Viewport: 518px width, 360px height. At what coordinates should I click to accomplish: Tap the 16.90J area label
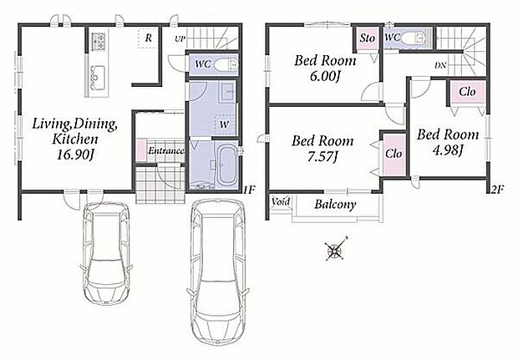click(75, 154)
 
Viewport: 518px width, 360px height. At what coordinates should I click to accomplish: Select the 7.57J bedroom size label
click(322, 156)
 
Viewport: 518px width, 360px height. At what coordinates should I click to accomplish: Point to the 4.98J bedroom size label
click(448, 150)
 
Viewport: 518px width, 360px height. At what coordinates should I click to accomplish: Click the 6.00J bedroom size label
click(325, 76)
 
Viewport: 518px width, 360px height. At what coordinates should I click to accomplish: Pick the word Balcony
click(335, 204)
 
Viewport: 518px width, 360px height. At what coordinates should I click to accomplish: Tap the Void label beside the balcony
click(281, 201)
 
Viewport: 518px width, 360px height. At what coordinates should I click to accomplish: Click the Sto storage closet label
click(368, 38)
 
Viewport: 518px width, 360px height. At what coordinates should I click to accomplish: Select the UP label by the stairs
click(180, 39)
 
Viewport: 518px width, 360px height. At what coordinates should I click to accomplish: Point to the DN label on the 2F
click(440, 65)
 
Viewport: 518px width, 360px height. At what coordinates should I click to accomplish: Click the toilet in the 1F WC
click(226, 65)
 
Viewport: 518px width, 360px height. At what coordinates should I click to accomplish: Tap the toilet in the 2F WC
click(414, 37)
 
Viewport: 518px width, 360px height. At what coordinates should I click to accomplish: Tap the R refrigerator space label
click(149, 38)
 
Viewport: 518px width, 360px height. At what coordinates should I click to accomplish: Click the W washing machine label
click(224, 124)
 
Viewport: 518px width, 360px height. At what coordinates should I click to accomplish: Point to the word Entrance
click(165, 151)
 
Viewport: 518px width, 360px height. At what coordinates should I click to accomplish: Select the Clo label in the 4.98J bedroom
click(467, 91)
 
